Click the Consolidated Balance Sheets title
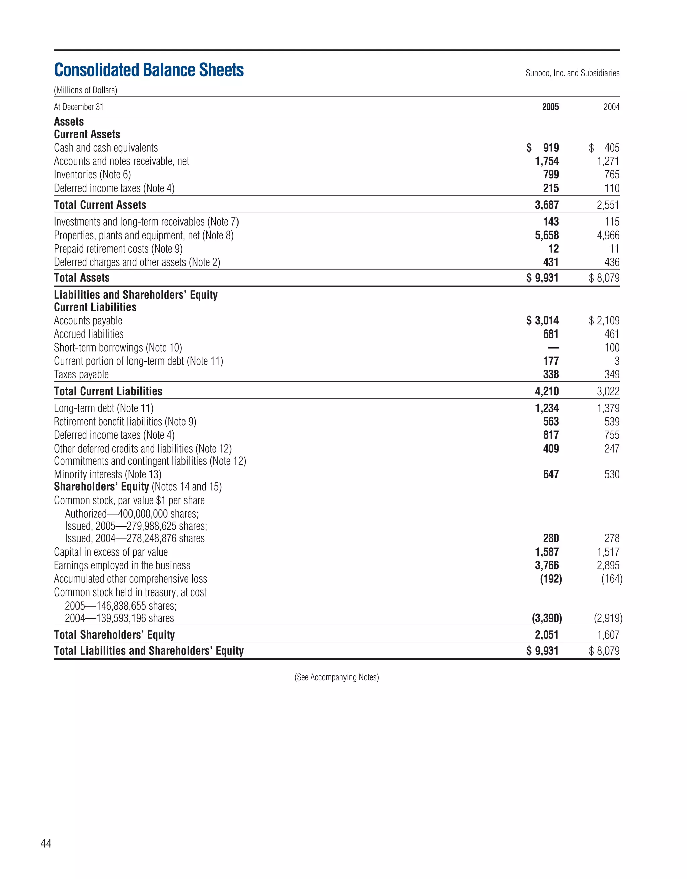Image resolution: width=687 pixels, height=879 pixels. tap(149, 70)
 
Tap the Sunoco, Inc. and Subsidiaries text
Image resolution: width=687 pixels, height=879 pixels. tap(572, 73)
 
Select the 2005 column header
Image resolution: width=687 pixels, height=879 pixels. tap(550, 107)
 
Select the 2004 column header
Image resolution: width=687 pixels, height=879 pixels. tap(611, 107)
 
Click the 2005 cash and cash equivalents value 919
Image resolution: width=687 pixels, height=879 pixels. tap(550, 148)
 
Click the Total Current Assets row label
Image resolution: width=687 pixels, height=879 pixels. tap(100, 205)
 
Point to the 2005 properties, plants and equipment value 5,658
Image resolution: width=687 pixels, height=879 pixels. tap(546, 236)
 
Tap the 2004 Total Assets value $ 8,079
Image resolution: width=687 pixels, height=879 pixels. tap(604, 278)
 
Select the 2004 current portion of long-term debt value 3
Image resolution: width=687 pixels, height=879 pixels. tap(617, 361)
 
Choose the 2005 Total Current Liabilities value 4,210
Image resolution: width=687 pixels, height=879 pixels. tap(546, 391)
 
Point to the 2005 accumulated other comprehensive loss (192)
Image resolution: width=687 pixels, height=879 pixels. tap(550, 579)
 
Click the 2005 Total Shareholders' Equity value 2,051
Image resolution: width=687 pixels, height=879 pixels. tap(546, 635)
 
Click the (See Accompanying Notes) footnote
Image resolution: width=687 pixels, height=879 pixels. tap(336, 677)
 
